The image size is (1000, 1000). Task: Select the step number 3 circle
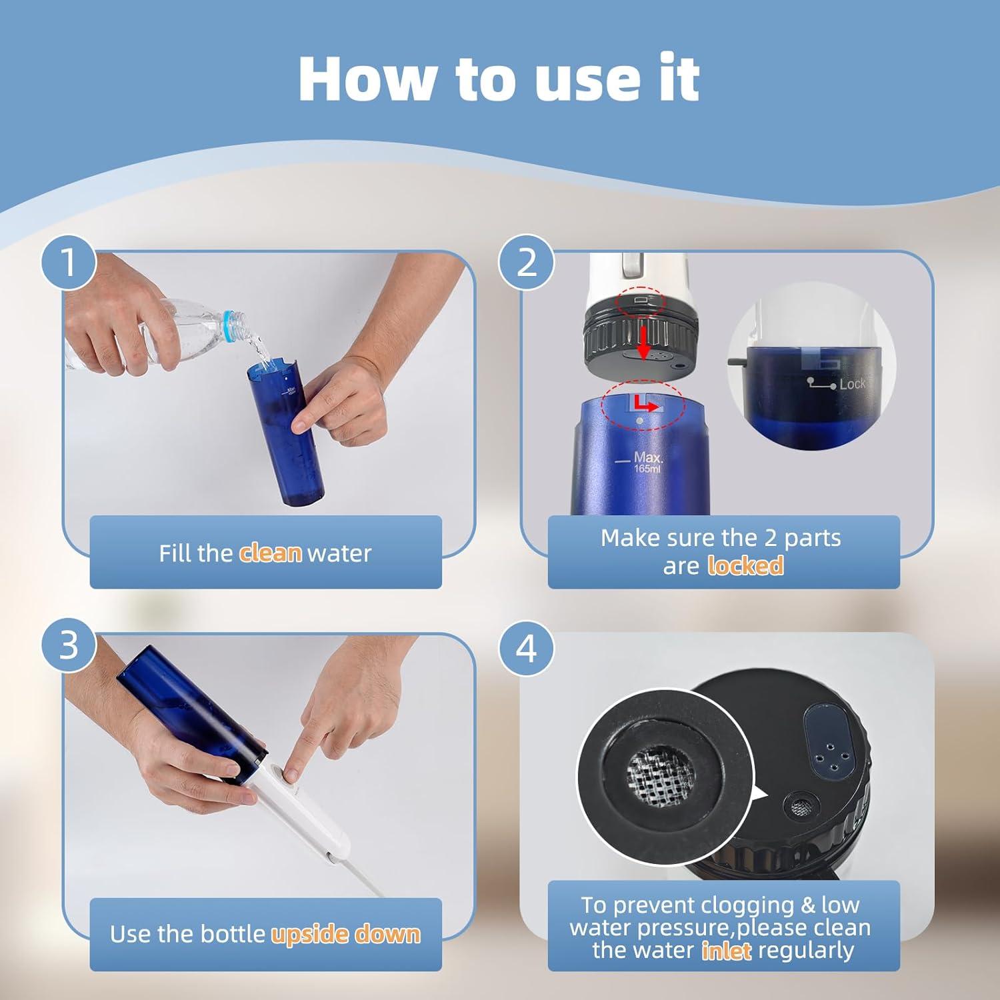(69, 645)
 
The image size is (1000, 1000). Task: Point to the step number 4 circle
(527, 647)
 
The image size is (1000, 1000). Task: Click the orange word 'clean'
(270, 553)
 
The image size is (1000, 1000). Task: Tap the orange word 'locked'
(745, 566)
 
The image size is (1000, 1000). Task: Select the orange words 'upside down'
(345, 934)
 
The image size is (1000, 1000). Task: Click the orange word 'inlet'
(726, 950)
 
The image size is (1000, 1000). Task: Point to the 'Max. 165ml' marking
(646, 462)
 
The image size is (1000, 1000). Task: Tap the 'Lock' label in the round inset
(851, 384)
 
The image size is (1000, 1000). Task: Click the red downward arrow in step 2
(643, 341)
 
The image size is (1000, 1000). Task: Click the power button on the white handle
(291, 775)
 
